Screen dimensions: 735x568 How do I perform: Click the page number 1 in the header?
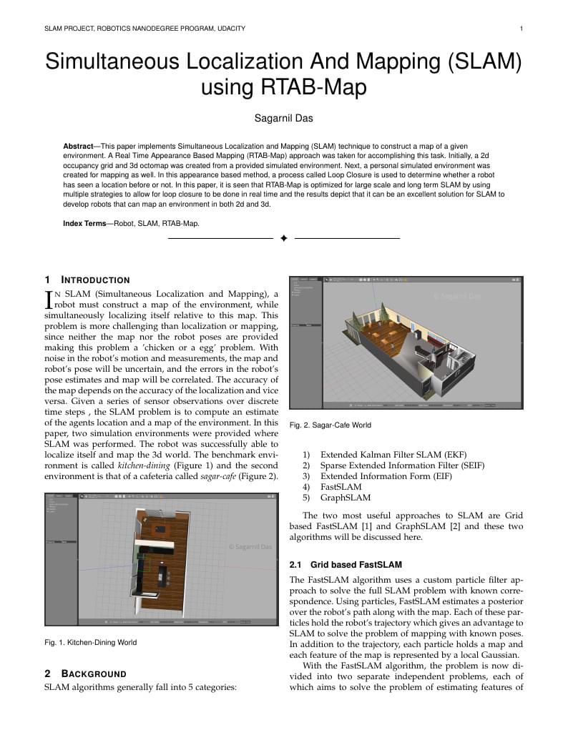coord(521,29)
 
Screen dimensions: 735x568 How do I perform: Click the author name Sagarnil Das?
coord(283,117)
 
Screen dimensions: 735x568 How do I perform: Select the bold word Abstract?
coord(78,146)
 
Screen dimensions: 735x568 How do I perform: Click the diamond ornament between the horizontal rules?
coord(284,238)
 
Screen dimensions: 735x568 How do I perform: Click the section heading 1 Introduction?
coord(87,280)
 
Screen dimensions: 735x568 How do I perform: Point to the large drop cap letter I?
coord(49,300)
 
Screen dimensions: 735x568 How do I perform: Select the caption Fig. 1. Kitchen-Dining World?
coord(90,642)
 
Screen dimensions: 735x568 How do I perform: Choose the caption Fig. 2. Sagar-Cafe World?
coord(330,425)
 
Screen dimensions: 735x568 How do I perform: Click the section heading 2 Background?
coord(85,674)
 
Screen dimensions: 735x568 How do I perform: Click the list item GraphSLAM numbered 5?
coord(345,498)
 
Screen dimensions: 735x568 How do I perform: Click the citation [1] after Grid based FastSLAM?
coord(381,526)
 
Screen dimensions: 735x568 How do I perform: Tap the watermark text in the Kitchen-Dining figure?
coord(250,546)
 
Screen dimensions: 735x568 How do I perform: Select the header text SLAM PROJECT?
coord(73,29)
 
